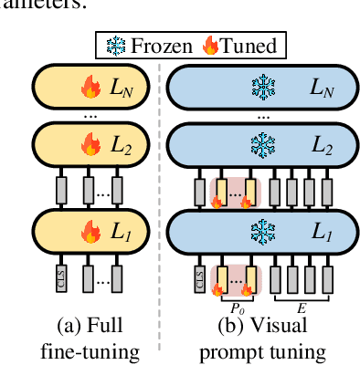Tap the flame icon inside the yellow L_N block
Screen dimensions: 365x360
pyautogui.click(x=91, y=89)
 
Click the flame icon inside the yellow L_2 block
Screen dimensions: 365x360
pyautogui.click(x=91, y=143)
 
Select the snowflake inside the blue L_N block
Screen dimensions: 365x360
pyautogui.click(x=262, y=89)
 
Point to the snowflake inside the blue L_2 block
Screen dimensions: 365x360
pyautogui.click(x=262, y=143)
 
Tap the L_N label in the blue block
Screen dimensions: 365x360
pyautogui.click(x=321, y=89)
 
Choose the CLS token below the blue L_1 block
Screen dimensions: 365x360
pyautogui.click(x=201, y=277)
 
